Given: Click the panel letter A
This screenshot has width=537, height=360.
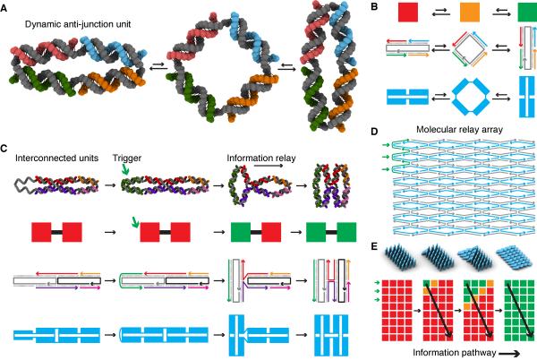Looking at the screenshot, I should coord(6,8).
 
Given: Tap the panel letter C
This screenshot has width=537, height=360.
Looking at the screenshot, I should coord(6,148).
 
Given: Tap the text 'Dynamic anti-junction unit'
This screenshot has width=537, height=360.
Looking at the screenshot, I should coord(72,21).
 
